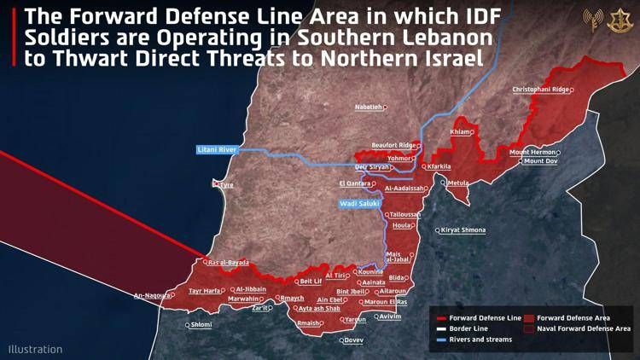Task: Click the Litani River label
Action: tap(216, 149)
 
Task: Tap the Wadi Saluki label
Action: tap(359, 204)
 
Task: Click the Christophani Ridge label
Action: tap(540, 89)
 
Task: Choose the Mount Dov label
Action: tap(540, 161)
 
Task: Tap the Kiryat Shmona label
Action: tap(463, 230)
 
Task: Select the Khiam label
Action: tap(459, 132)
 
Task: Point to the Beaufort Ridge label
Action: tap(393, 145)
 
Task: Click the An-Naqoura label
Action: tap(151, 296)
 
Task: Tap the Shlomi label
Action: tap(201, 324)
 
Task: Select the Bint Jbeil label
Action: tap(353, 291)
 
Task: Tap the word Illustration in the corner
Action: tap(35, 349)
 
